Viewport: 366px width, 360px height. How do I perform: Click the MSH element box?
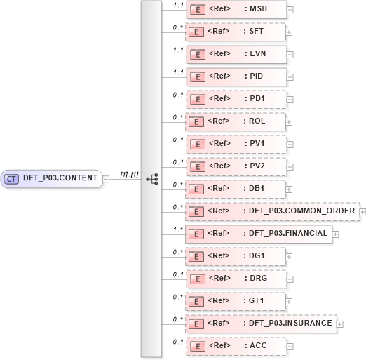(236, 9)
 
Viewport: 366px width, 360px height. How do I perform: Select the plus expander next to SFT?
(290, 32)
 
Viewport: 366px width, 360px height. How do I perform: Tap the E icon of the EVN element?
(198, 54)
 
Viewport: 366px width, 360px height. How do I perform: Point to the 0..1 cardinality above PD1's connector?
(177, 93)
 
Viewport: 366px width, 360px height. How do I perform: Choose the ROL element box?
(236, 121)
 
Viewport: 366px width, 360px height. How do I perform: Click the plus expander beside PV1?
(290, 145)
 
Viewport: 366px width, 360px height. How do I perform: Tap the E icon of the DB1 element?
(198, 189)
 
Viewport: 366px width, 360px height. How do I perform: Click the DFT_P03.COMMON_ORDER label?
(301, 211)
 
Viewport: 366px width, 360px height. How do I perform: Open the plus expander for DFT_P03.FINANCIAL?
(336, 234)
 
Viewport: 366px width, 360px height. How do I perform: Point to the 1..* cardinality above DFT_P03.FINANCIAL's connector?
(177, 228)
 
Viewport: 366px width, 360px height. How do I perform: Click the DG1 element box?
(236, 256)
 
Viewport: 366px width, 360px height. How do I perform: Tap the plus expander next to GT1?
(290, 302)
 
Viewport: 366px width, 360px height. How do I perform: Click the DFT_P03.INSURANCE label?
(290, 324)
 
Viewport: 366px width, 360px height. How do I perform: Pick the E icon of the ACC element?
(198, 346)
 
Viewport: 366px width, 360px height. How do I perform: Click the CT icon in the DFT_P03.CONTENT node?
(11, 178)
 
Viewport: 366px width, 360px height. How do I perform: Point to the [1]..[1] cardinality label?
(129, 173)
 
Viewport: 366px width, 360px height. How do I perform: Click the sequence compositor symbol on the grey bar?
(151, 179)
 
